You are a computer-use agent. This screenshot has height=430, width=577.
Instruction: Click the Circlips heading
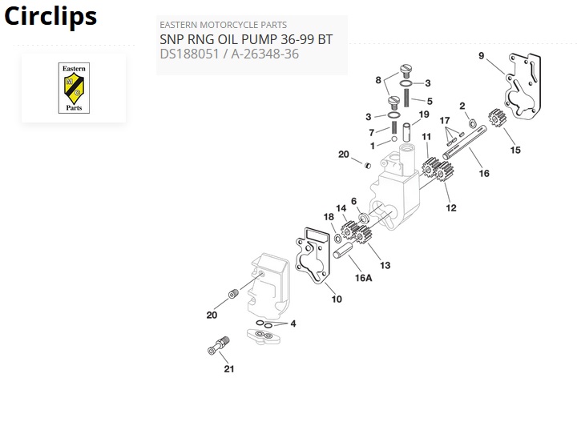[50, 16]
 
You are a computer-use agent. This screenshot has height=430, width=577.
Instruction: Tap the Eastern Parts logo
[73, 88]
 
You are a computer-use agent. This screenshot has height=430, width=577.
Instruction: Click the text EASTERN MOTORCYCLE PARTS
[223, 25]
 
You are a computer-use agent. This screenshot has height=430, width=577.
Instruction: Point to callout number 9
[481, 55]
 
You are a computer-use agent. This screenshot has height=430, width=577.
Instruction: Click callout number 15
[515, 150]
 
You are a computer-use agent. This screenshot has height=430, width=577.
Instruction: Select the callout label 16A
[364, 278]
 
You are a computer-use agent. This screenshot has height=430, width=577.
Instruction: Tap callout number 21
[229, 369]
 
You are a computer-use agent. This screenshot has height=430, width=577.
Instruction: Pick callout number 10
[337, 299]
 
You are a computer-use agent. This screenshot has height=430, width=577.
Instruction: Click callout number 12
[451, 208]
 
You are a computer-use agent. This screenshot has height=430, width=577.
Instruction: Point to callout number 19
[424, 115]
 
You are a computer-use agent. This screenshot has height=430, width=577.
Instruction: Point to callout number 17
[446, 121]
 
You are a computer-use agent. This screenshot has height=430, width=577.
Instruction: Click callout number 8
[377, 80]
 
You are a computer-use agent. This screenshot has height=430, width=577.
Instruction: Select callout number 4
[293, 324]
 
